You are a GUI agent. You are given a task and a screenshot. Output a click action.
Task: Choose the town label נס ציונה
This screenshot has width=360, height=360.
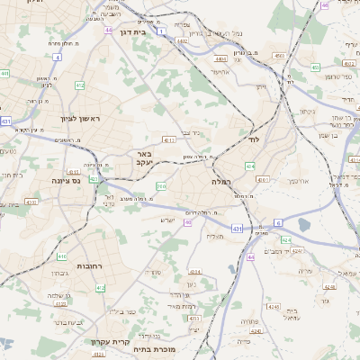pos(65,180)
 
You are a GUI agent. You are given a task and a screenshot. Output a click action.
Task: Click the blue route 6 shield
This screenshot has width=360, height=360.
pos(278,222)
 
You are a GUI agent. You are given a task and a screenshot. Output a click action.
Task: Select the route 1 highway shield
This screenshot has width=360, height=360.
pos(160,31)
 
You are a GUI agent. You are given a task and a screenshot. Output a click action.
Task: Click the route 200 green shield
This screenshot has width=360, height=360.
pos(161,186)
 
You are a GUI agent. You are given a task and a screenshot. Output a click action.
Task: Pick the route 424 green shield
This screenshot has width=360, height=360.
pos(285,240)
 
